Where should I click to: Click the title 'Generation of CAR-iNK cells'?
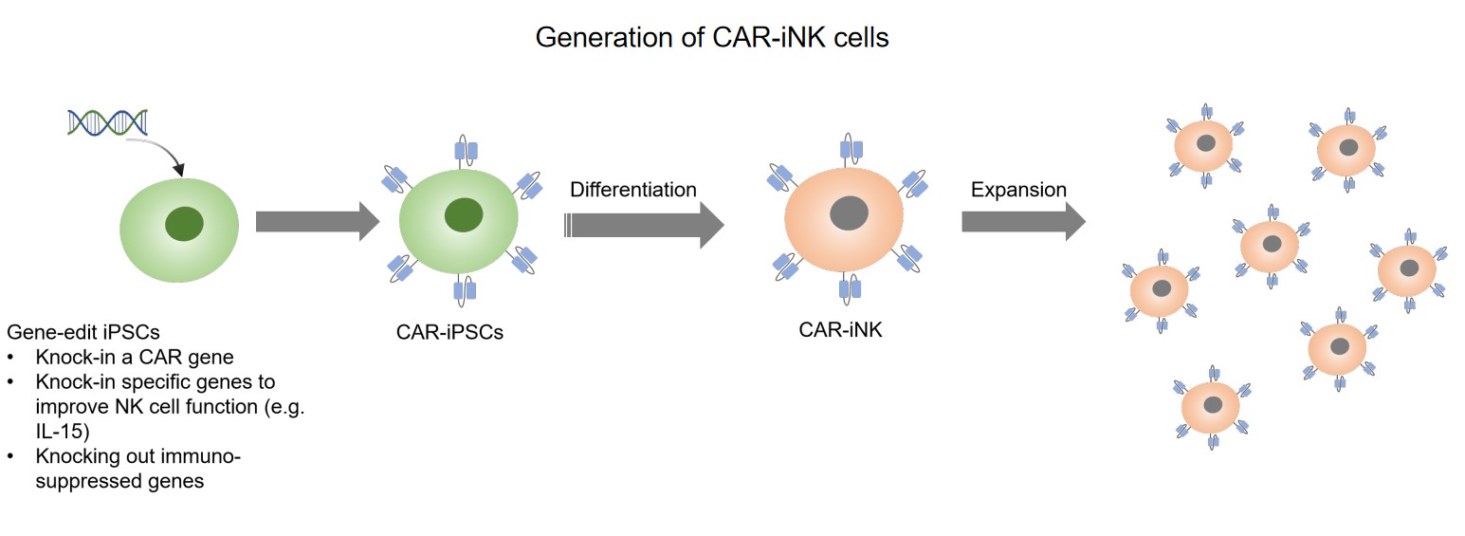click(x=712, y=37)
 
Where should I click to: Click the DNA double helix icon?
click(x=108, y=122)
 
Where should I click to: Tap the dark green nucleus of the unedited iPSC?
click(x=184, y=225)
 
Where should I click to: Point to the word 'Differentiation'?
click(x=632, y=190)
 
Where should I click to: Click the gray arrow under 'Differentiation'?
click(x=644, y=225)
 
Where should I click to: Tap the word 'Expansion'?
click(x=1018, y=190)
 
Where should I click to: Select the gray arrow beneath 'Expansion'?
click(x=1022, y=222)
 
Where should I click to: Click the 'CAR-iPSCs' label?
click(x=449, y=333)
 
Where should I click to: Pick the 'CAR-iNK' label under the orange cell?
click(x=840, y=331)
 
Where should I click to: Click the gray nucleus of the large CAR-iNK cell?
click(x=849, y=213)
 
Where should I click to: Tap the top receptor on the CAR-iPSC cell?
click(x=466, y=150)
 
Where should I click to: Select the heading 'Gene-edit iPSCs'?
click(x=83, y=332)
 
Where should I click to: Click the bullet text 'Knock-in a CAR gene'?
click(x=135, y=358)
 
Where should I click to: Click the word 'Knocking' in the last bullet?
click(x=76, y=456)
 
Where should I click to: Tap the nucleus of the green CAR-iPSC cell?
click(x=464, y=214)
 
